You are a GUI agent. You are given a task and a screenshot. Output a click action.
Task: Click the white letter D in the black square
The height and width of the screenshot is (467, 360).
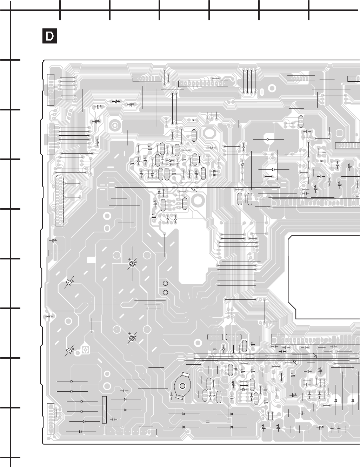point(49,36)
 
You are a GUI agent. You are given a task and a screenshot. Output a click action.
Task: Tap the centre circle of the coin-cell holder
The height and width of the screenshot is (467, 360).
point(182,386)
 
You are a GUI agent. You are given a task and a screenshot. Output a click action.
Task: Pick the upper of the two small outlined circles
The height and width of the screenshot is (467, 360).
point(166,283)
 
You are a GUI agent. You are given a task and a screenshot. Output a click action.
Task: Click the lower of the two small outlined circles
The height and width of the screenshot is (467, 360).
point(166,292)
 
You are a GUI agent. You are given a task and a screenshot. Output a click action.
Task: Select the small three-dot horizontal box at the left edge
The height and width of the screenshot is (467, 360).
point(55,253)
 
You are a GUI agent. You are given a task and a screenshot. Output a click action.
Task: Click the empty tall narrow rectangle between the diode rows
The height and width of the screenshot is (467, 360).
point(104,410)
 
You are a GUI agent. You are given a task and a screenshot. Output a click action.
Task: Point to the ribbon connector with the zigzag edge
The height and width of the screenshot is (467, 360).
point(60,200)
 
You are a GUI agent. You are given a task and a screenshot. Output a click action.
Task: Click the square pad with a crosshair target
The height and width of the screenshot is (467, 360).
point(85,350)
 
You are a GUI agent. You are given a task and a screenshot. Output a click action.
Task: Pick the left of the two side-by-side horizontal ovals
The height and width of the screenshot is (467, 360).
point(215,337)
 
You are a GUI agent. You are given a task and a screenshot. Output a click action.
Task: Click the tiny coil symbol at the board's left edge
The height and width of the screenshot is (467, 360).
point(48,316)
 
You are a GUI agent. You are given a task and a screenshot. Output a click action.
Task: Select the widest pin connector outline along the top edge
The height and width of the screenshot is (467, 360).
point(203,84)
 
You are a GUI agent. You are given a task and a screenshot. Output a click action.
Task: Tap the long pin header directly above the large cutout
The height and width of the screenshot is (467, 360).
point(316,202)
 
